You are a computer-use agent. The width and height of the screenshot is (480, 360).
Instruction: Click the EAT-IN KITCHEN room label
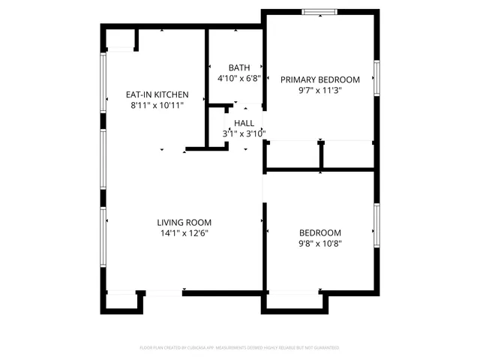click(x=156, y=95)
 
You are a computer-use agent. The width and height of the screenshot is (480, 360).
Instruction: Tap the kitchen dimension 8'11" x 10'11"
click(x=156, y=106)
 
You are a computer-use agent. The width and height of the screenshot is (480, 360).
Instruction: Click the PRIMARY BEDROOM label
click(x=320, y=79)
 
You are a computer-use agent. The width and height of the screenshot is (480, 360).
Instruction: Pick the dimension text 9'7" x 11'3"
click(x=320, y=91)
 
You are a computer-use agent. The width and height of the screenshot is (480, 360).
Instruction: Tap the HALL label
click(x=244, y=123)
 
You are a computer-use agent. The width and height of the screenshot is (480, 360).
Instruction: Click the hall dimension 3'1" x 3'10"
click(x=244, y=133)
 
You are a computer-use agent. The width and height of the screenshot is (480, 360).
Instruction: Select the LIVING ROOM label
click(x=184, y=223)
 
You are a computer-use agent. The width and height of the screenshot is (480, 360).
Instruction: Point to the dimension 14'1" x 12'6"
click(x=184, y=233)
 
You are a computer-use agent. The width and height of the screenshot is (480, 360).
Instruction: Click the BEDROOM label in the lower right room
click(x=320, y=232)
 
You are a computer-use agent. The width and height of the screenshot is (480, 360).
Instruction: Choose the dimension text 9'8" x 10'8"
click(x=320, y=243)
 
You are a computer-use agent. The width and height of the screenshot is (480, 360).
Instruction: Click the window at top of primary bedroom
click(x=320, y=11)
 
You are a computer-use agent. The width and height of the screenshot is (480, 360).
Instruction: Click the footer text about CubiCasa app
click(x=240, y=348)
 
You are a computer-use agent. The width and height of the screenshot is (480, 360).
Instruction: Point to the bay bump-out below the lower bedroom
click(x=294, y=301)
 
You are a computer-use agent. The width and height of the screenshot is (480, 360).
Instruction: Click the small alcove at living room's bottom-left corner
click(x=121, y=301)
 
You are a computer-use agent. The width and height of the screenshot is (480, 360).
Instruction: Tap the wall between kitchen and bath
click(x=207, y=86)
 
